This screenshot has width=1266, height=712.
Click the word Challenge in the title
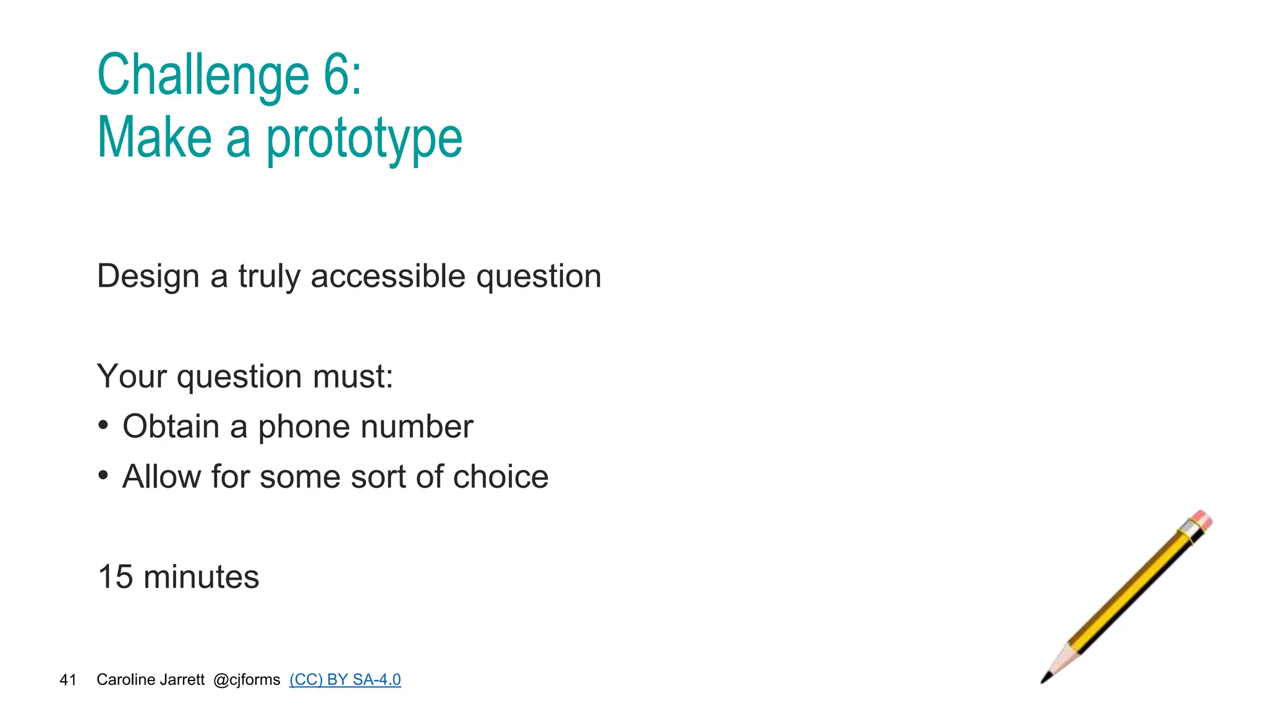point(203,75)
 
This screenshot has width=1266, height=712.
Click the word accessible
point(388,276)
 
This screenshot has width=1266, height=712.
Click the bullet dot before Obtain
point(103,425)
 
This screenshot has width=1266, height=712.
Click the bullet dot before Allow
point(103,475)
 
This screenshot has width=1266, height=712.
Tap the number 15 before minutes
point(116,577)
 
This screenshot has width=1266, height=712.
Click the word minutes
point(201,577)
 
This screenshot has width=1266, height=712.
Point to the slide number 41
point(68,680)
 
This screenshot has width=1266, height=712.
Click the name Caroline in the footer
point(122,680)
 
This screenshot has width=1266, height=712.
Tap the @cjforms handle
point(247,680)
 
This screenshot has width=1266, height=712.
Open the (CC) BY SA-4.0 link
point(345,680)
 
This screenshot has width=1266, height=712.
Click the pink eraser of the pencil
point(1202,519)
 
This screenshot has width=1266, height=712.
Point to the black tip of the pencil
point(1045,679)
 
